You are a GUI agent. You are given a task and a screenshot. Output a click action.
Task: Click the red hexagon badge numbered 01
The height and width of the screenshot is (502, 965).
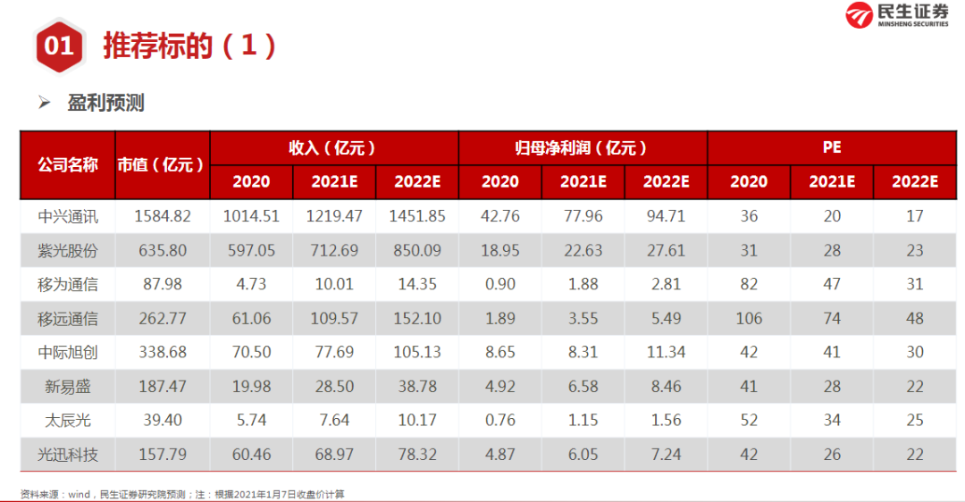coord(59,46)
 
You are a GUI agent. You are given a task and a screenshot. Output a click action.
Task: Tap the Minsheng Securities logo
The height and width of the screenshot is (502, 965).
coord(897,15)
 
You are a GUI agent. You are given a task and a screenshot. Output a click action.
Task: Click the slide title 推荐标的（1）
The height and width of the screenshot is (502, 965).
coord(189,46)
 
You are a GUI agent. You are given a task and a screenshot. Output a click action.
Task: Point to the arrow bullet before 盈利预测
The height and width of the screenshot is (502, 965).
coord(45,102)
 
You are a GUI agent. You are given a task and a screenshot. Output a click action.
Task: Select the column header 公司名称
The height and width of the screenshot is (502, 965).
coord(68,165)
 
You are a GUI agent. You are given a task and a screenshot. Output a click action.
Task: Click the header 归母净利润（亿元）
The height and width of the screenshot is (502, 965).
coord(581,147)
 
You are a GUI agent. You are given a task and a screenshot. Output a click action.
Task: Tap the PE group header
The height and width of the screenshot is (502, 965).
coord(832,147)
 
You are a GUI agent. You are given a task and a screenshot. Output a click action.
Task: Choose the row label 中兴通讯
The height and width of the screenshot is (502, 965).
coord(68,216)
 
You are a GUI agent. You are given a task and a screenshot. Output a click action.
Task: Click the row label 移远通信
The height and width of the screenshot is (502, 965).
coord(68,319)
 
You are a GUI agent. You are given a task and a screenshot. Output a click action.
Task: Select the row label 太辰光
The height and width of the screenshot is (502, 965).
coord(68,421)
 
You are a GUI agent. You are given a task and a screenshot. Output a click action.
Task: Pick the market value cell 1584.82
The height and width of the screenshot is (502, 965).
coord(163,216)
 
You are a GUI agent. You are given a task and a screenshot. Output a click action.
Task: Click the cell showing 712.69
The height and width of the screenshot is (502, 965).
coord(334,250)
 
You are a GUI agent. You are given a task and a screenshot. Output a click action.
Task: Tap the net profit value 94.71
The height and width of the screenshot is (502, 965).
coord(666,216)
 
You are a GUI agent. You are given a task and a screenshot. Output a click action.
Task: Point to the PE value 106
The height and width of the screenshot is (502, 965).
coord(749,319)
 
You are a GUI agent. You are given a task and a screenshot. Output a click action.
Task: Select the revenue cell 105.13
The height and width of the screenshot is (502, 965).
coord(417,353)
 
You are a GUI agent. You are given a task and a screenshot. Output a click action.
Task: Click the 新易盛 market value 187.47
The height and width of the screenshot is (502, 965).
coord(163,387)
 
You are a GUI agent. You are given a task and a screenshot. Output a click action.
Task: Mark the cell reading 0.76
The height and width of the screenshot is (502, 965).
coord(500,420)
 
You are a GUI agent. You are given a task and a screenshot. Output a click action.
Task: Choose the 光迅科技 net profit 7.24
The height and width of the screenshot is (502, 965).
coord(666,455)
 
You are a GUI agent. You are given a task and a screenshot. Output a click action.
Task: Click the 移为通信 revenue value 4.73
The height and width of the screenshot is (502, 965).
coord(251,284)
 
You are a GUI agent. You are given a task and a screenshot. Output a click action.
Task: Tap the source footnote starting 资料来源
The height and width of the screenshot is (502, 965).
coord(182,494)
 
